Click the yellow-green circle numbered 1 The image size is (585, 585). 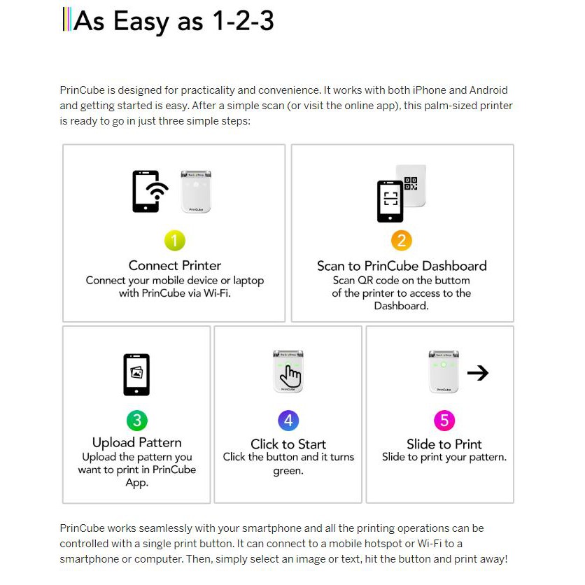[x=174, y=241]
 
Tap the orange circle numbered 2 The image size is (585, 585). [x=402, y=241]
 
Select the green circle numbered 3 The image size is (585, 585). [x=136, y=421]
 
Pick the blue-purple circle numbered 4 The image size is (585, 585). [x=288, y=421]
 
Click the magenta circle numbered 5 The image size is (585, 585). [x=444, y=421]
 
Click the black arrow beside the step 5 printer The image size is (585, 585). [x=477, y=373]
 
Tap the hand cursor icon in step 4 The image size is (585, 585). [x=290, y=377]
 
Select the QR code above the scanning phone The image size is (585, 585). [x=411, y=183]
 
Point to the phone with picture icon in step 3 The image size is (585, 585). [x=136, y=374]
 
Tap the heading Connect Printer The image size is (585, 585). [x=174, y=266]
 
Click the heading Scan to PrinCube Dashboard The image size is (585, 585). [x=402, y=266]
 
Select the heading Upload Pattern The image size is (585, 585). [x=136, y=443]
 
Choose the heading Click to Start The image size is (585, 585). [x=288, y=444]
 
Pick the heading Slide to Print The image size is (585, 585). [x=444, y=444]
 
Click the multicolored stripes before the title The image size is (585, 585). [x=66, y=20]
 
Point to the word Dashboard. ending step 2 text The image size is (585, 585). [x=401, y=306]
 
